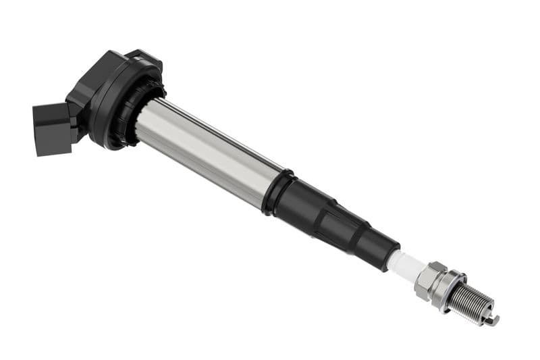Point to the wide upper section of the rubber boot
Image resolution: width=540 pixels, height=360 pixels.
tap(304, 206)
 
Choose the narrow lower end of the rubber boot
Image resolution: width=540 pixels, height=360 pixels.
tap(381, 250)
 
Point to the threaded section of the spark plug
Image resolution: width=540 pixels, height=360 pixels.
tap(473, 304)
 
